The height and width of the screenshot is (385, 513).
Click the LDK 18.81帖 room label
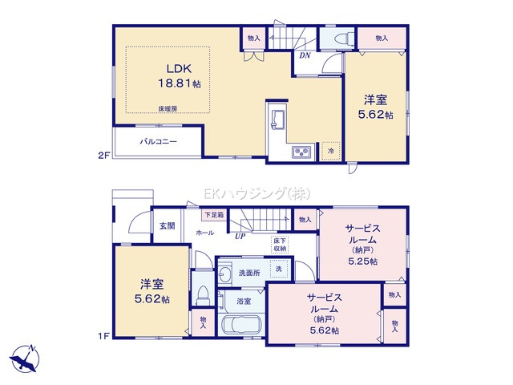tap(180, 76)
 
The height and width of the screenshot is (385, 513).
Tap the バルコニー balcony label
tap(159, 142)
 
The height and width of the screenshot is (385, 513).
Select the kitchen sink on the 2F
tap(277, 119)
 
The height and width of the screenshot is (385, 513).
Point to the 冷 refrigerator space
tap(331, 152)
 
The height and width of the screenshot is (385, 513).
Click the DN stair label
tap(305, 55)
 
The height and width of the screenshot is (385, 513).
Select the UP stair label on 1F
tap(240, 237)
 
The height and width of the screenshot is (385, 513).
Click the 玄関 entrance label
tap(168, 226)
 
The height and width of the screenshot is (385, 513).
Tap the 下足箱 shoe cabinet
tap(214, 215)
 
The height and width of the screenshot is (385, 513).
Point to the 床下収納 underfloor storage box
tap(279, 245)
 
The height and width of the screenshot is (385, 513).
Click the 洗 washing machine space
tap(280, 269)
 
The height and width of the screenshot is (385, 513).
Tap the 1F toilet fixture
tap(202, 295)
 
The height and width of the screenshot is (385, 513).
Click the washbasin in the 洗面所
tap(224, 273)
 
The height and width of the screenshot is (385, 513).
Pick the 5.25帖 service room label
tap(363, 244)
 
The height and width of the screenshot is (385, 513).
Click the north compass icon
tap(25, 359)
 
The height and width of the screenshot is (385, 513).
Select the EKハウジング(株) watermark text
tap(256, 194)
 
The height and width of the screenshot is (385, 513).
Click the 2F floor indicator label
tap(103, 156)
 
